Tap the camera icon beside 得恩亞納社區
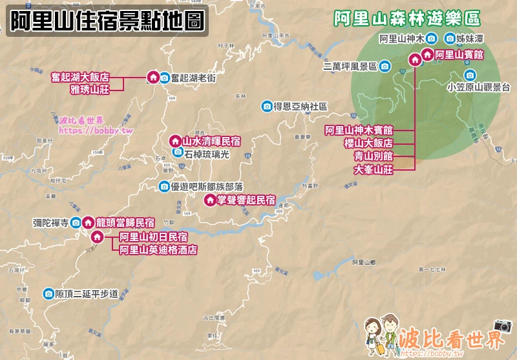click(266, 105)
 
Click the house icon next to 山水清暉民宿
click(174, 140)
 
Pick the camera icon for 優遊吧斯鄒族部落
click(164, 187)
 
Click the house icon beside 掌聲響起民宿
click(209, 200)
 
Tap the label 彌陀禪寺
click(50, 223)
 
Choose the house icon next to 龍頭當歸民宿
click(87, 222)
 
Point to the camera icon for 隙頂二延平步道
click(48, 294)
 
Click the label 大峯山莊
click(374, 169)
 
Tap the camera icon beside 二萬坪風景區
click(385, 66)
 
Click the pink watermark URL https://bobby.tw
click(86, 130)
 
